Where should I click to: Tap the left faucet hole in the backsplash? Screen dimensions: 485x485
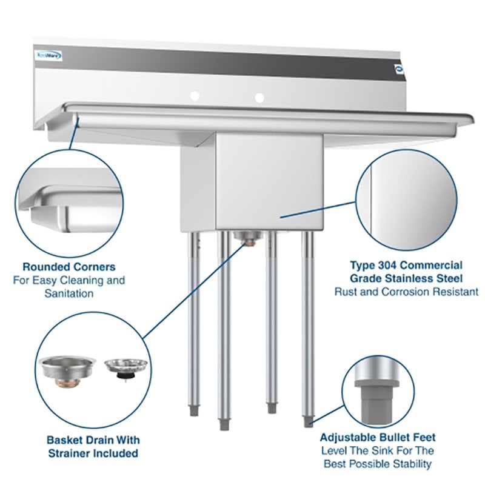[195, 96]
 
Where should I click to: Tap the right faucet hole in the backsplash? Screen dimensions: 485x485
[259, 97]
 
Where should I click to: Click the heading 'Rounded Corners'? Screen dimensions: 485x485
[69, 267]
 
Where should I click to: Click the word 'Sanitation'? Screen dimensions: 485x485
[69, 293]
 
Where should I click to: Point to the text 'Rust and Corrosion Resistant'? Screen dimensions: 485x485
[406, 292]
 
